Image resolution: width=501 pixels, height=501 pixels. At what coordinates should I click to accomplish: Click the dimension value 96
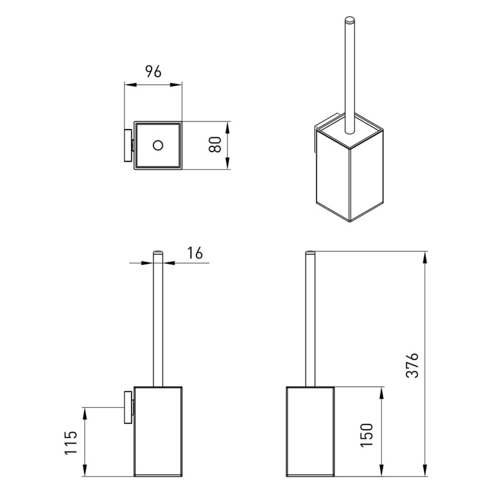153,71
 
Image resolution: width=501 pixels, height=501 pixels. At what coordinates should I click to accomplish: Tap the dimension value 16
195,253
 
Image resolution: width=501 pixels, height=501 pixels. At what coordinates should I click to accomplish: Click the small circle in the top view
157,146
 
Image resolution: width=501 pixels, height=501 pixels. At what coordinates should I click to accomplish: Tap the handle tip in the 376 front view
309,254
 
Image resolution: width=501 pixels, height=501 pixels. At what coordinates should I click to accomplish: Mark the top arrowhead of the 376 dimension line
425,256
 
